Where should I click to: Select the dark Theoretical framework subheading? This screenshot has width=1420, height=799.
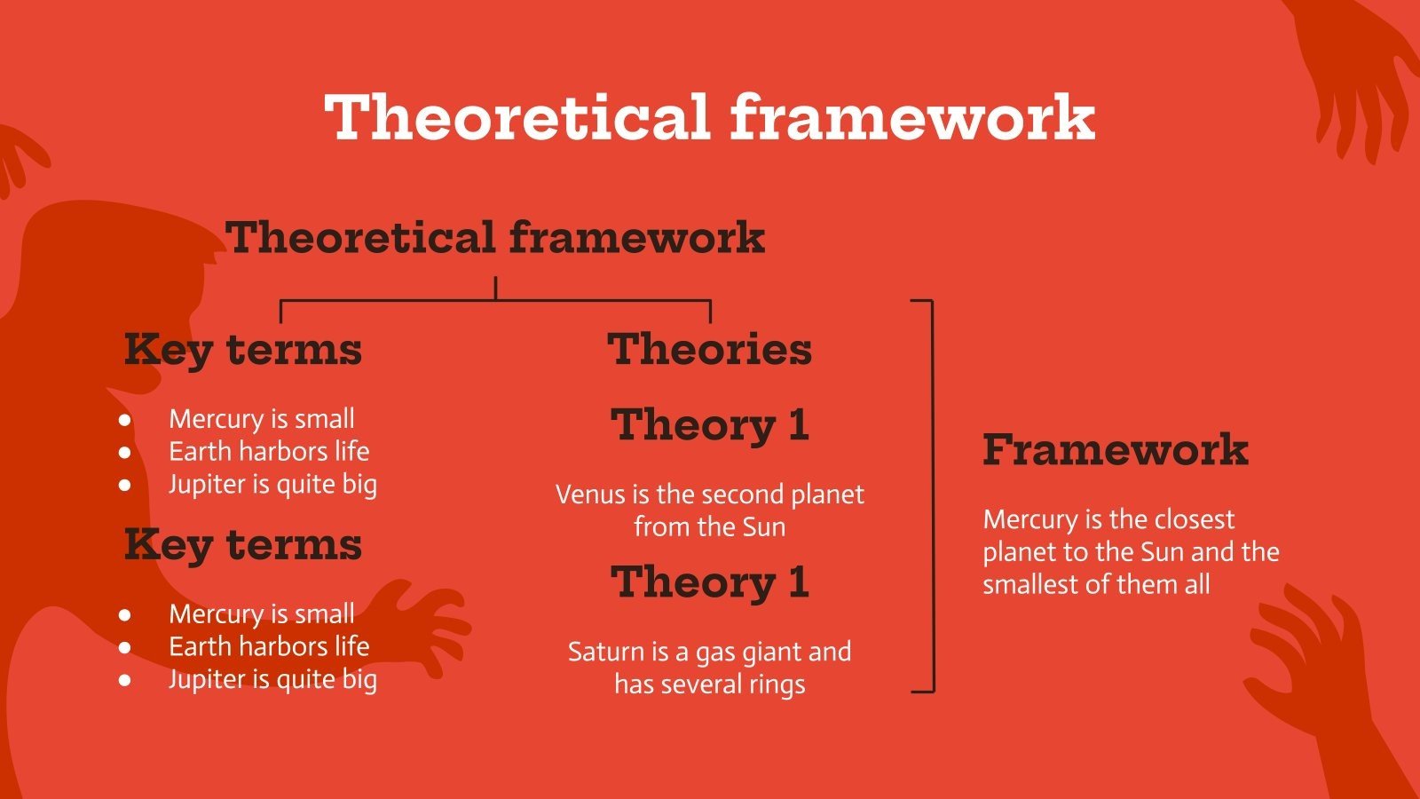495,237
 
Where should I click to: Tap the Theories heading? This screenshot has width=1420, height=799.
709,349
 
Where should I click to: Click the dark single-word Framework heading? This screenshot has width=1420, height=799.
1116,449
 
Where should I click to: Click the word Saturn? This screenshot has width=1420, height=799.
600,652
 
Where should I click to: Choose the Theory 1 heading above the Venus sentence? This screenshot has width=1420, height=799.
710,425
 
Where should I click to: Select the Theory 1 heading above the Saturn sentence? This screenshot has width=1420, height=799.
710,582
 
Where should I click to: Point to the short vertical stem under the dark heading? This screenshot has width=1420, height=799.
496,288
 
